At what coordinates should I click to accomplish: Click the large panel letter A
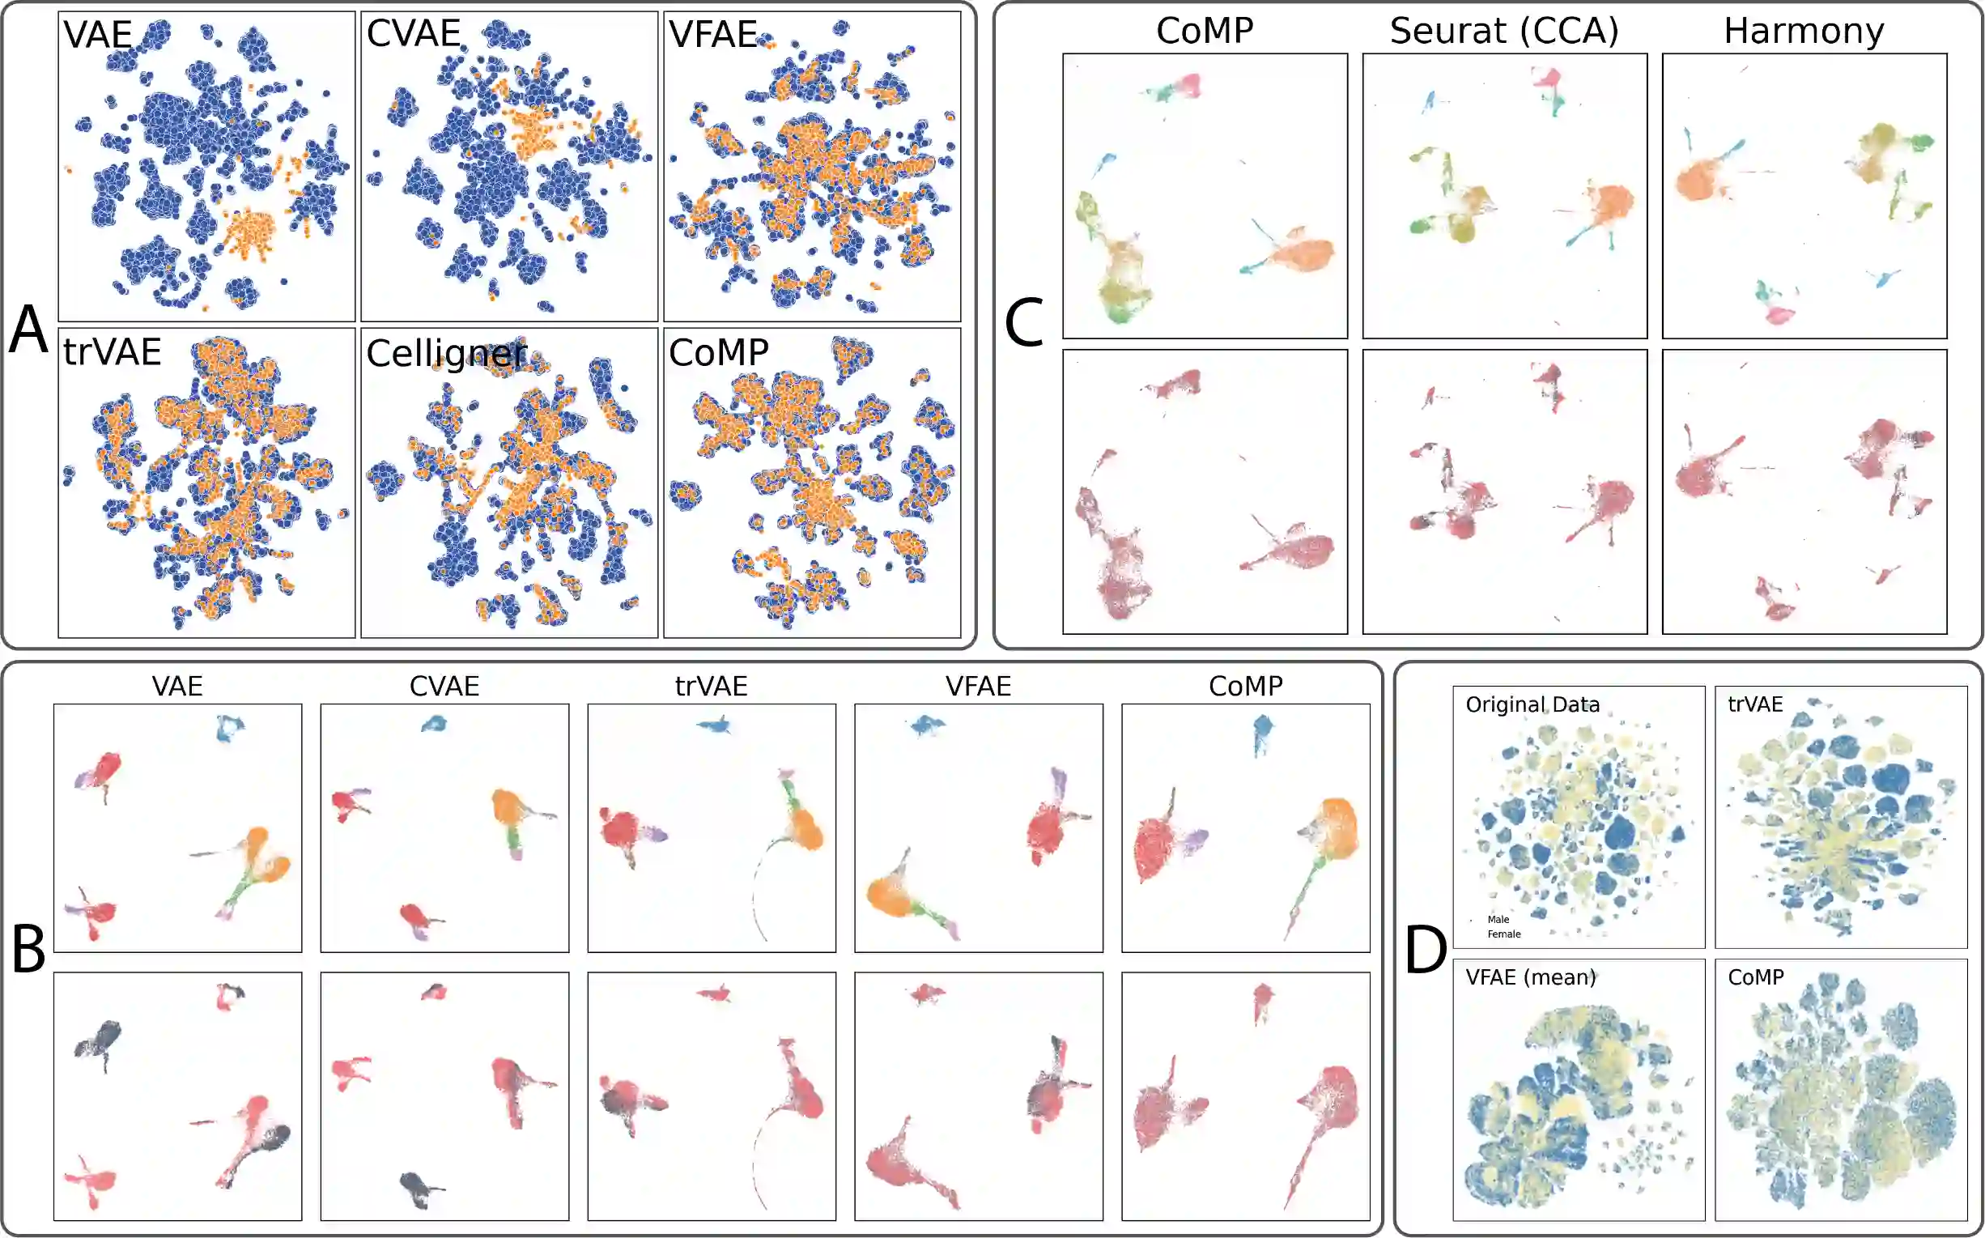pos(28,330)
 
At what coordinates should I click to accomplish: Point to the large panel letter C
pos(1023,322)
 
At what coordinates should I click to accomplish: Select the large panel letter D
pos(1425,951)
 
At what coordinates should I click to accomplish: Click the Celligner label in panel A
pos(446,354)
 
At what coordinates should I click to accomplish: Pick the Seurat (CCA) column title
pos(1503,31)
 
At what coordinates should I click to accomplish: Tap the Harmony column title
pos(1804,31)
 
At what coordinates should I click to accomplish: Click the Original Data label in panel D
pos(1532,704)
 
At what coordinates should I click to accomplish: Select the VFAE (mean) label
pos(1530,976)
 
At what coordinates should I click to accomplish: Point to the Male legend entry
pos(1498,920)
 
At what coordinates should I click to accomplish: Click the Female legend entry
pos(1503,934)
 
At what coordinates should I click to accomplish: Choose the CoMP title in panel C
pos(1204,31)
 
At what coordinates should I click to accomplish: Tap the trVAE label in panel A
pos(113,352)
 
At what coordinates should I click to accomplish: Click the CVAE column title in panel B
pos(444,686)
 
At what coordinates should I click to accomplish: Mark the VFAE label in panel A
pos(712,34)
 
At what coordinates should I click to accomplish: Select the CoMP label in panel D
pos(1755,976)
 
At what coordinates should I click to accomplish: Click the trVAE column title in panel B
pos(711,686)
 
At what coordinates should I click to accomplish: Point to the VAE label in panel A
pos(97,34)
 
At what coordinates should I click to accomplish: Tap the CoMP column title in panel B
pos(1245,686)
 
